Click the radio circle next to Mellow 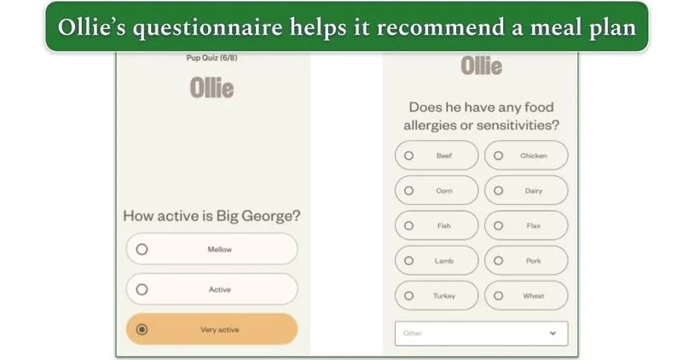click(142, 250)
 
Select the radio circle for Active click(142, 289)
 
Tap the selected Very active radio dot click(142, 329)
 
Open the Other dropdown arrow click(552, 333)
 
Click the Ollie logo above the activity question click(211, 88)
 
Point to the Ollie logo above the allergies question click(482, 66)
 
